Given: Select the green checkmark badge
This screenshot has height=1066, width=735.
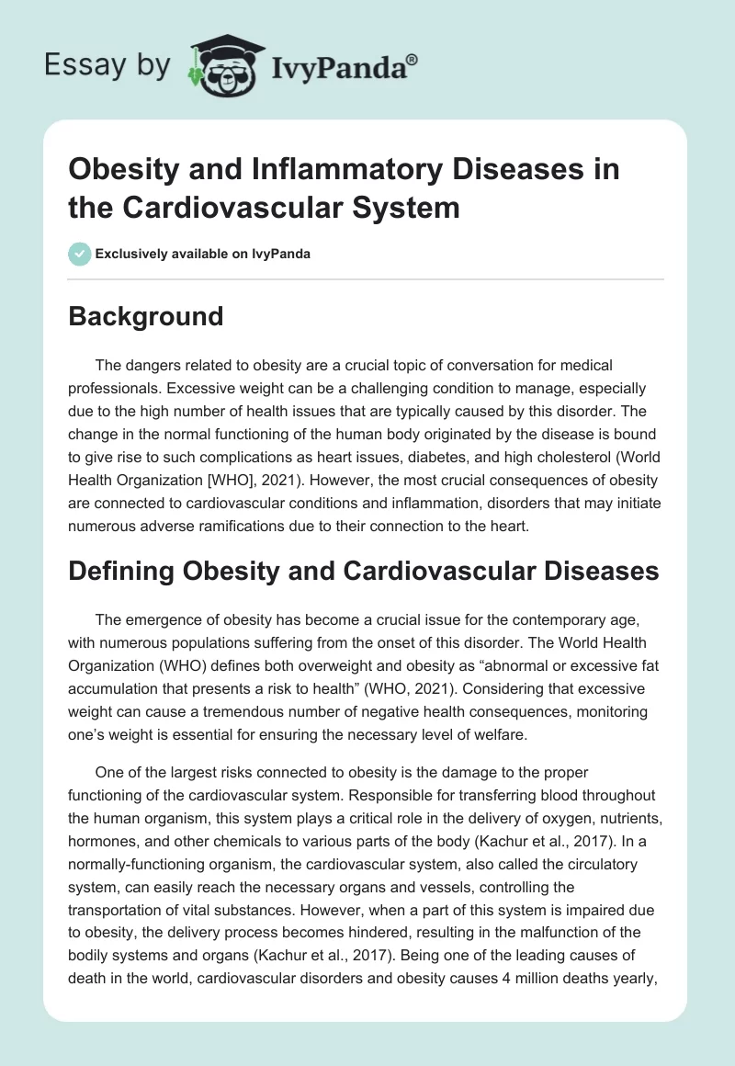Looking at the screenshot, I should click(x=80, y=254).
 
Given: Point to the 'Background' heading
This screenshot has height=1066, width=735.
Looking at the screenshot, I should click(x=146, y=316).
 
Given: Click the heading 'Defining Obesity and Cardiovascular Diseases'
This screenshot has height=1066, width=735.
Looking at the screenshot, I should click(x=364, y=571).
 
